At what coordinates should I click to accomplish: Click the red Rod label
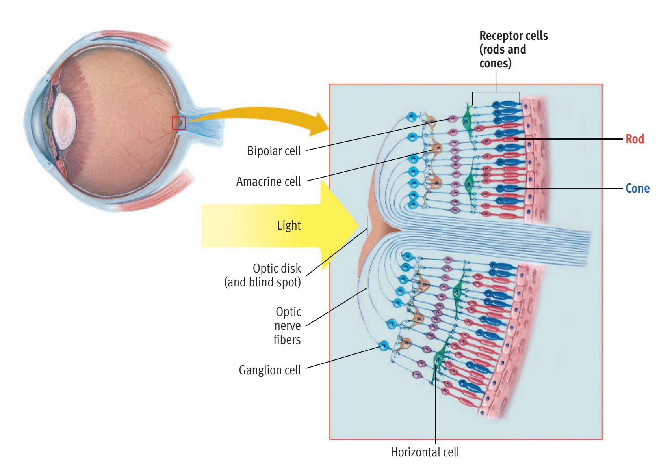click(635, 139)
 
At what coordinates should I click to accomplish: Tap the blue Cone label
click(637, 189)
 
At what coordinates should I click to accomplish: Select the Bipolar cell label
click(274, 151)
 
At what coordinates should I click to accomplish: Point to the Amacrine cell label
click(268, 181)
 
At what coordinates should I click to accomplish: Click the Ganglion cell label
click(270, 370)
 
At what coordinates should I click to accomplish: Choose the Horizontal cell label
click(425, 452)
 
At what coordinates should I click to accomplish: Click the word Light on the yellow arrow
click(289, 226)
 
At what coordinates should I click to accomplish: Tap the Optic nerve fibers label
click(288, 325)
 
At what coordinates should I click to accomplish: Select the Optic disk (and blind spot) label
click(263, 276)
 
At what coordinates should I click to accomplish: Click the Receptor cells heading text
click(513, 49)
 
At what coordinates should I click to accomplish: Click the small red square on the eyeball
click(178, 123)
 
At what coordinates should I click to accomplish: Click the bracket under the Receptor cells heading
click(496, 93)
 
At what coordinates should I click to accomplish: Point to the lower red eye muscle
click(158, 193)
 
